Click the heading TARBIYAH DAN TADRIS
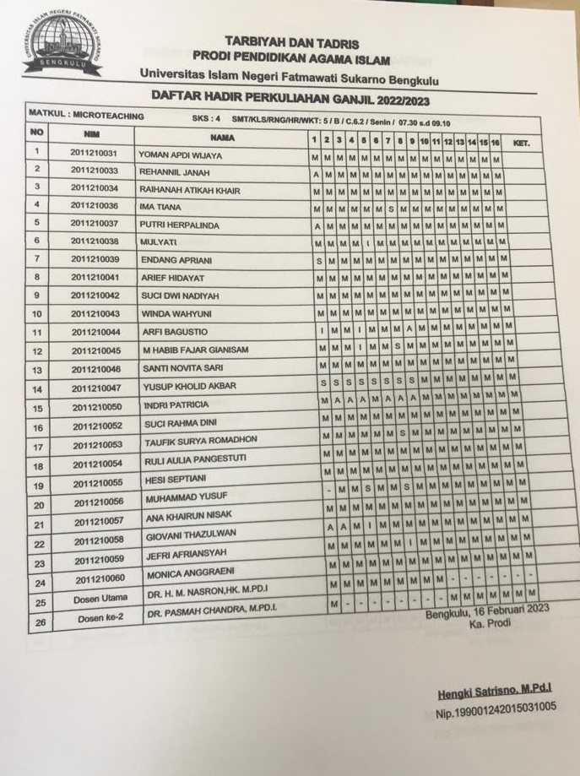(x=291, y=43)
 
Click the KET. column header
(x=521, y=143)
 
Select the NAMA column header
(x=222, y=137)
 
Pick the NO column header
(x=36, y=133)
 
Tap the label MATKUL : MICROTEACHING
(x=87, y=114)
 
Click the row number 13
(x=37, y=370)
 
